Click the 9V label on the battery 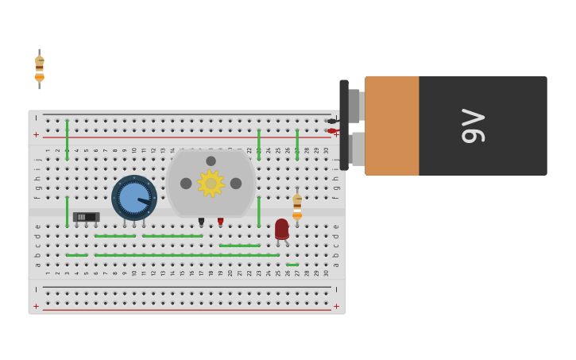pos(473,126)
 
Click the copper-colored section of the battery pos(392,126)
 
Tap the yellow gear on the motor pos(211,184)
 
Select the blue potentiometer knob pos(133,198)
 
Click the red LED pos(281,229)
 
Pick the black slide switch pos(86,217)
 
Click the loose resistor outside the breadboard pos(39,68)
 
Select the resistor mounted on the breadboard pos(297,207)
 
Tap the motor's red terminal pos(221,221)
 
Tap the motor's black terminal pos(201,221)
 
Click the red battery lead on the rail pos(332,131)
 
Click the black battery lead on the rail pos(332,121)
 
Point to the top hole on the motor pos(211,161)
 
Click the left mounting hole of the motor pos(186,184)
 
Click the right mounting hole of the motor pos(236,184)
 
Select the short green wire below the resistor pos(292,265)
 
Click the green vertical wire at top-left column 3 pos(67,139)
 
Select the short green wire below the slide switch pos(77,255)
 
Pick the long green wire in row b pos(187,255)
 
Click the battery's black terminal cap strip pos(344,125)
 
